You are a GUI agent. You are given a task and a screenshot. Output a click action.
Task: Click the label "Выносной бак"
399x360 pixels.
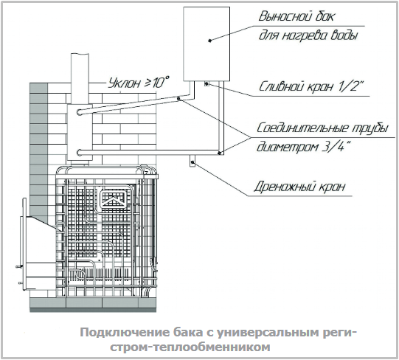coord(296,17)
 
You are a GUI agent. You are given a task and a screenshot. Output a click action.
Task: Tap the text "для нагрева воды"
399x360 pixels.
coord(308,35)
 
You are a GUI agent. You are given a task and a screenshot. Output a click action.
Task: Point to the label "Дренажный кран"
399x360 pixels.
coord(299,187)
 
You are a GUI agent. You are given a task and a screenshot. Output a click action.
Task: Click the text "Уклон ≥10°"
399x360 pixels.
coord(139,82)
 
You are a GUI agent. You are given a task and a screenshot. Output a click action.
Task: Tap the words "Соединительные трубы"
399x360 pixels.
coord(322,128)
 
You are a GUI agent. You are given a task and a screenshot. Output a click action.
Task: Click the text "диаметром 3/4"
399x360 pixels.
coord(303,147)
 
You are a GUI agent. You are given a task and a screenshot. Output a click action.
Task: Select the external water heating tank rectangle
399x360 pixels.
coord(207,44)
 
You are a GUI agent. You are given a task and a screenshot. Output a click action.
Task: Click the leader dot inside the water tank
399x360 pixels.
coord(210,41)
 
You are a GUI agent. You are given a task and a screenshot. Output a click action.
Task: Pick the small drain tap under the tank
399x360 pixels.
coord(207,84)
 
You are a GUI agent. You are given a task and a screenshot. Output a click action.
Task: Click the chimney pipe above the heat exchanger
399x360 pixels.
coord(80,78)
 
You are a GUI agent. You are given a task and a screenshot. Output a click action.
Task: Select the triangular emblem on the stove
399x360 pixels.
coord(113,199)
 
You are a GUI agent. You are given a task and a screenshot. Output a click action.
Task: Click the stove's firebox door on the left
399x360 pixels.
coord(24,244)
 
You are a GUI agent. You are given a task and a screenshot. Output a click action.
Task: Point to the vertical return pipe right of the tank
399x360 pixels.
coord(221,117)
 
